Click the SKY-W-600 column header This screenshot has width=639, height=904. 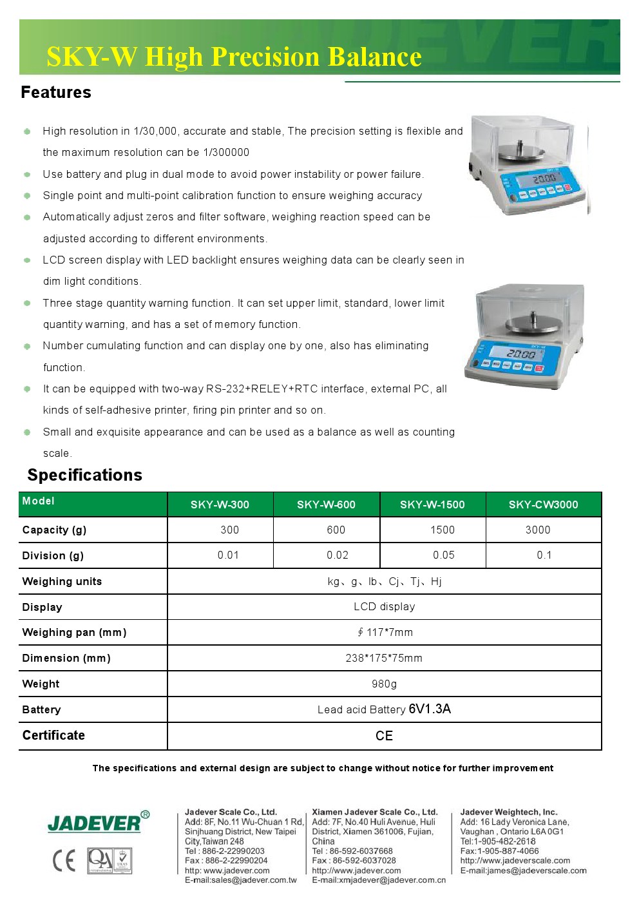pyautogui.click(x=326, y=505)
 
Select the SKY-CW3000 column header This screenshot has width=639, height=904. pyautogui.click(x=543, y=505)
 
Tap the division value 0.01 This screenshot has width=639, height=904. pyautogui.click(x=228, y=555)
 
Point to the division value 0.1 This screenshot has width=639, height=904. pyautogui.click(x=544, y=555)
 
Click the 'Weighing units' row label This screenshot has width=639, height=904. pyautogui.click(x=62, y=581)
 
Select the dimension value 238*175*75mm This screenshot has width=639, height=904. pyautogui.click(x=384, y=658)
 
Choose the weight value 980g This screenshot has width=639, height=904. pyautogui.click(x=384, y=684)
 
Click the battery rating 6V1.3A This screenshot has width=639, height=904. pyautogui.click(x=430, y=709)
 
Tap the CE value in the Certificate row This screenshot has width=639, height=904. pyautogui.click(x=384, y=736)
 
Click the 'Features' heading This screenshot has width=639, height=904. pyautogui.click(x=56, y=92)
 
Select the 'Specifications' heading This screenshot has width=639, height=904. pyautogui.click(x=84, y=475)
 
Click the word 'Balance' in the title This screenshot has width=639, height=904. pyautogui.click(x=374, y=57)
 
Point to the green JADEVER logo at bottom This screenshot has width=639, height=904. pyautogui.click(x=94, y=823)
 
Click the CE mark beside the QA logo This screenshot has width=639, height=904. pyautogui.click(x=64, y=861)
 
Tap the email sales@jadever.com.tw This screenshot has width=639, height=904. pyautogui.click(x=241, y=880)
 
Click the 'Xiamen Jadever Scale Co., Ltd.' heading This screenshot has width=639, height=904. pyautogui.click(x=374, y=812)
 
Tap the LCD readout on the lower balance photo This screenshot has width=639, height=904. pyautogui.click(x=520, y=353)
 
